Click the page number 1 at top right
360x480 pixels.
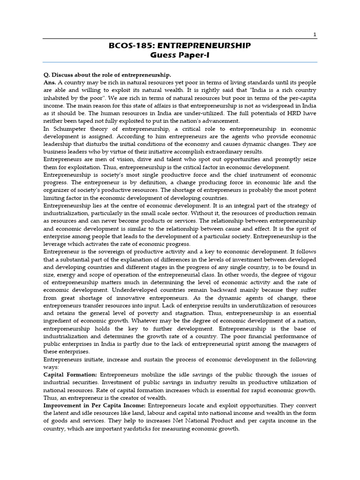(315, 34)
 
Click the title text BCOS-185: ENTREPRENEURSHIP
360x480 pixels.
(180, 45)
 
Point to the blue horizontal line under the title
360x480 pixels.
(180, 62)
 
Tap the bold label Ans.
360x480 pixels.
(50, 82)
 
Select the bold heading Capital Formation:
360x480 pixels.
(70, 375)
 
